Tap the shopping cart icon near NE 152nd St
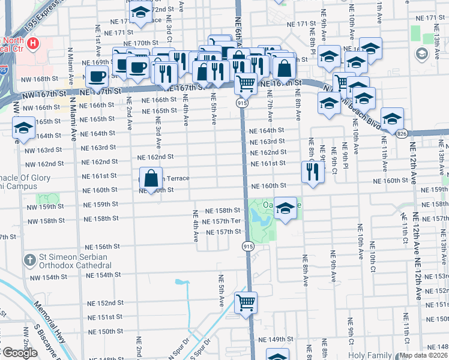pos(246,302)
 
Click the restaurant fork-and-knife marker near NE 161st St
pos(312,170)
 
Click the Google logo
pos(19,352)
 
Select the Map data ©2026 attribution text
pos(423,355)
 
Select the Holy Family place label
pos(374,355)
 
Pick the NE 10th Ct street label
pos(373,257)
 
